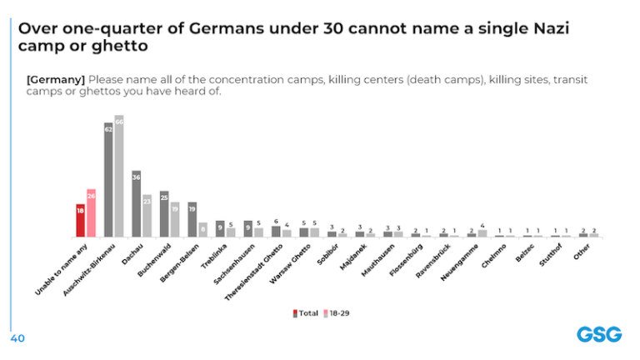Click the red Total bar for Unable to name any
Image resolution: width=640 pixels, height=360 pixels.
[x=80, y=221]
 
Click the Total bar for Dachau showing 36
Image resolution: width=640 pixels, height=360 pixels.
[x=136, y=203]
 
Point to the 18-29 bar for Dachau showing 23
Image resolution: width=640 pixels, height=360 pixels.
[x=147, y=216]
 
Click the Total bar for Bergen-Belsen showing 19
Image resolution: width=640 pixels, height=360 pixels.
[x=192, y=219]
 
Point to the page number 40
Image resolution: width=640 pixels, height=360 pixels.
[x=17, y=339]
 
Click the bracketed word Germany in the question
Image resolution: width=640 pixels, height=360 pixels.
[x=56, y=78]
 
